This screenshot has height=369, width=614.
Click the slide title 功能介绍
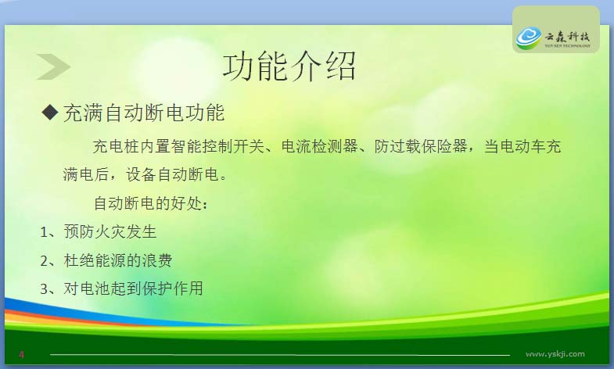click(x=289, y=66)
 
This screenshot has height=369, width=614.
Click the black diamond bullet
click(x=50, y=113)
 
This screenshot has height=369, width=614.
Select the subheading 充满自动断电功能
click(x=144, y=113)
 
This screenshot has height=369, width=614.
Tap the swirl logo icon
click(x=528, y=38)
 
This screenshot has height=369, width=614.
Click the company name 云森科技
click(x=567, y=37)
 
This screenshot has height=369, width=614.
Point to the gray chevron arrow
click(x=53, y=67)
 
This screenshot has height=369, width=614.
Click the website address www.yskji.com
click(x=555, y=354)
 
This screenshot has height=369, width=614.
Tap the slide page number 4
click(x=22, y=355)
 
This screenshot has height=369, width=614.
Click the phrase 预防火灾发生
click(x=110, y=231)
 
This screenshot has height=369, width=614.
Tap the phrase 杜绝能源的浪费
click(x=118, y=260)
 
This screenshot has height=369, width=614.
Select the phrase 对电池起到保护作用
click(x=133, y=288)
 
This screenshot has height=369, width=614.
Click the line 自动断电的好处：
click(x=151, y=203)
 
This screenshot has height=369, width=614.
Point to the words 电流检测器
click(x=320, y=146)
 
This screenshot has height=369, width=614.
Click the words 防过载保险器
click(x=421, y=146)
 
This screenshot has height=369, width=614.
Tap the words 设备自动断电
click(x=172, y=174)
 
